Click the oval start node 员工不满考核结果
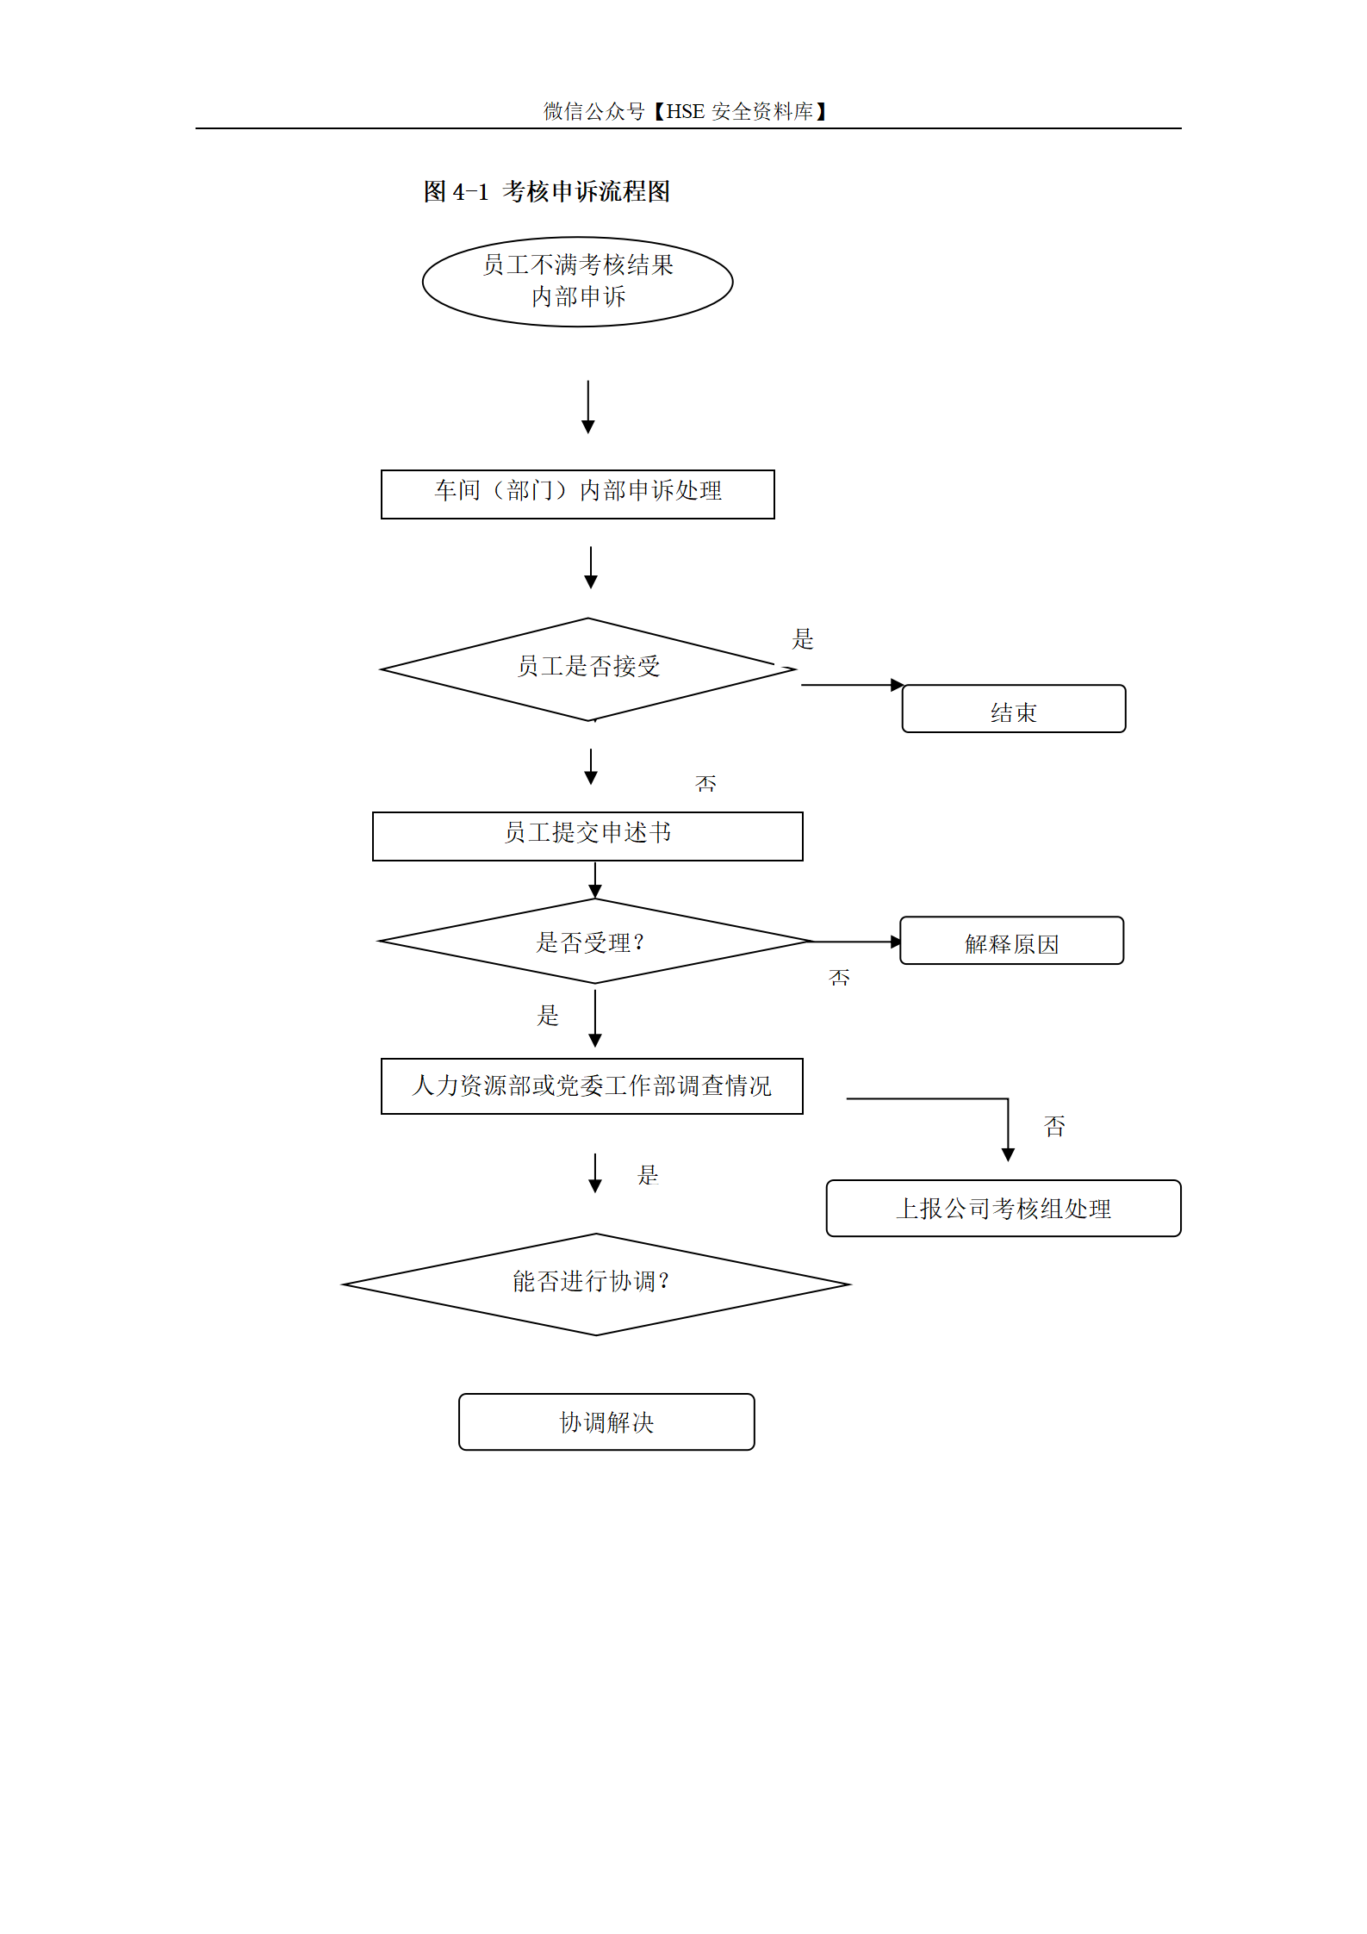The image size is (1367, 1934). pos(577,282)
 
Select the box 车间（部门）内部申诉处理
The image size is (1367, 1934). pos(577,494)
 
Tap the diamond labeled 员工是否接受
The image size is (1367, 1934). pos(588,669)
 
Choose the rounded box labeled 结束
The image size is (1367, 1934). pos(1013,708)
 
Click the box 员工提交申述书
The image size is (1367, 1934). pos(587,836)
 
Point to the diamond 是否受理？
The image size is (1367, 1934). pos(594,941)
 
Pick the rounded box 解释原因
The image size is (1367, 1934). pos(1011,940)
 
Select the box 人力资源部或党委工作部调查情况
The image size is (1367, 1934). pos(592,1085)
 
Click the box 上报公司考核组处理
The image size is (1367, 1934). pos(1004,1208)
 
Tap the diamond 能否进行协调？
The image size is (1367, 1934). pos(596,1284)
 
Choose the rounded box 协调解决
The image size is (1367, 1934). pos(606,1421)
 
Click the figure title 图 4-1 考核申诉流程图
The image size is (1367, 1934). pos(546,191)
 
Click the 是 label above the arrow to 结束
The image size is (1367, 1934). pos(803,638)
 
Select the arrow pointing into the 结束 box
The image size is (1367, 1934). pos(852,685)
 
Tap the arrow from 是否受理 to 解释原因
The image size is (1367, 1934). pos(857,942)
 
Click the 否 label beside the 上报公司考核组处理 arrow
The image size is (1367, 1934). pos(1054,1125)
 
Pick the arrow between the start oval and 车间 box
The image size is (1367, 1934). pos(588,407)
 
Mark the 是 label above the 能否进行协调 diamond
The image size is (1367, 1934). pos(648,1174)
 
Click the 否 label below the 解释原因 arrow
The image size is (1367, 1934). pos(839,977)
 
